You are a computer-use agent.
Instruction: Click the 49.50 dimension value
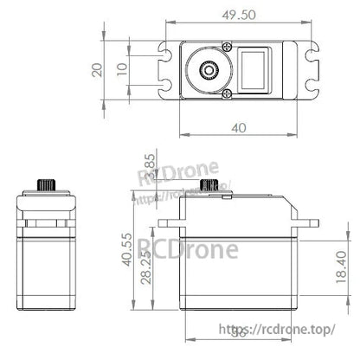[x=239, y=15]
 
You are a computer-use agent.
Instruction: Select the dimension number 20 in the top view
[x=99, y=69]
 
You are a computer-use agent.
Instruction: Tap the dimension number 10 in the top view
[x=122, y=68]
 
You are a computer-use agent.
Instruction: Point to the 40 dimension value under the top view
[x=239, y=127]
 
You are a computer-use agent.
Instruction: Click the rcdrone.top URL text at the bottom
[x=286, y=330]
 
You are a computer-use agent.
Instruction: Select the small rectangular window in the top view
[x=256, y=69]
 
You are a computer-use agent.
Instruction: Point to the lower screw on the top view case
[x=227, y=93]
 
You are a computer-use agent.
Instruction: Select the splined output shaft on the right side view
[x=208, y=186]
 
